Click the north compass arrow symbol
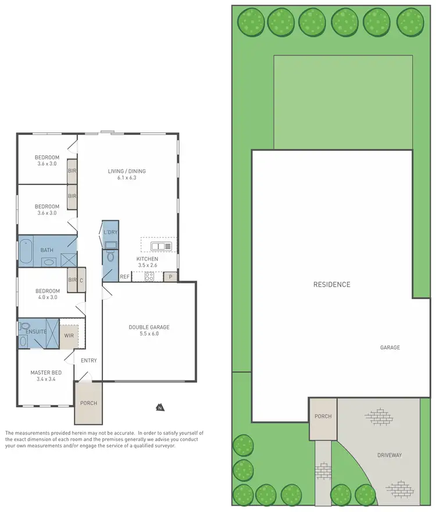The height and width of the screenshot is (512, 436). [159, 407]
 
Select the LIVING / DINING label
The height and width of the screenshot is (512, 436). [127, 171]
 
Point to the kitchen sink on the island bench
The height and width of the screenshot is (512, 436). [161, 246]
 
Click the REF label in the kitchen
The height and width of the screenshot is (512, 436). [124, 277]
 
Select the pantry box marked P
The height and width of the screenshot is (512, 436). [170, 277]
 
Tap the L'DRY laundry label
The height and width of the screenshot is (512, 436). [110, 233]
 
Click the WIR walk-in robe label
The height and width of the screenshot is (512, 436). [69, 336]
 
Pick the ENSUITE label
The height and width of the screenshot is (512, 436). [36, 332]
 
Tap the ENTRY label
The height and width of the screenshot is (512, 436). [89, 361]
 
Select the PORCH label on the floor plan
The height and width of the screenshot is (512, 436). [88, 403]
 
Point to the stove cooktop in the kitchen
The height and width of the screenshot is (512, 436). [148, 277]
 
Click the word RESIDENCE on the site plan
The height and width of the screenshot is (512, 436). [332, 285]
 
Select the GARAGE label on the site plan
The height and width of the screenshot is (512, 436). [390, 347]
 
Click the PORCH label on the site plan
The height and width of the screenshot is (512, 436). [323, 417]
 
